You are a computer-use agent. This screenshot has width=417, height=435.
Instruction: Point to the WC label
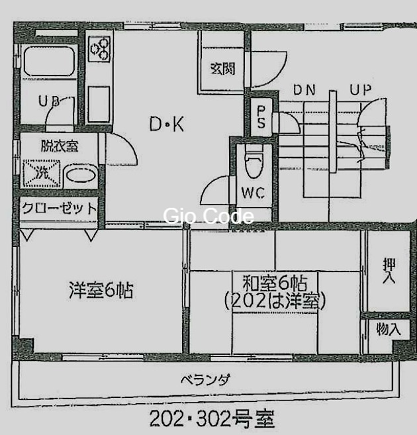pyautogui.click(x=252, y=193)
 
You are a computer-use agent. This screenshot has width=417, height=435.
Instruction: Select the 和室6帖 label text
pyautogui.click(x=275, y=283)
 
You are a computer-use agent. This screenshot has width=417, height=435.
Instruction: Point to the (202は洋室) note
pyautogui.click(x=275, y=301)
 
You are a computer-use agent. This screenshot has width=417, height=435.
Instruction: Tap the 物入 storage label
pyautogui.click(x=389, y=329)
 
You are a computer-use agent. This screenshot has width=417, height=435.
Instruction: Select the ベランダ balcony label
pyautogui.click(x=206, y=380)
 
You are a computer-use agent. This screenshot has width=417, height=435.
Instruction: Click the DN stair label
pyautogui.click(x=304, y=90)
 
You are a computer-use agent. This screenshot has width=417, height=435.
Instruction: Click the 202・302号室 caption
pyautogui.click(x=211, y=418)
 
